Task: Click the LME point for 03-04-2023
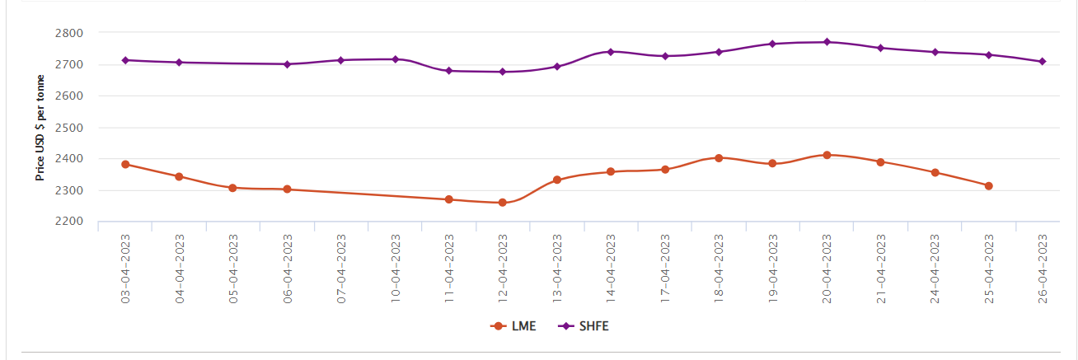click(125, 164)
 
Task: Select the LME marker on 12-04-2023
click(503, 202)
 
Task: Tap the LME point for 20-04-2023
click(827, 155)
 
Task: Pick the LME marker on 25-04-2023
click(988, 185)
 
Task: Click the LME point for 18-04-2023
click(719, 157)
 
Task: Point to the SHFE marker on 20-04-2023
click(827, 42)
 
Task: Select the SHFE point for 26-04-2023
click(1043, 61)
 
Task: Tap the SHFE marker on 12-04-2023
click(503, 72)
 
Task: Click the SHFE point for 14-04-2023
click(611, 52)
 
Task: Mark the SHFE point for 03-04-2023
click(125, 60)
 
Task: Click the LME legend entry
click(513, 326)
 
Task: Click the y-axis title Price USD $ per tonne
click(40, 128)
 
